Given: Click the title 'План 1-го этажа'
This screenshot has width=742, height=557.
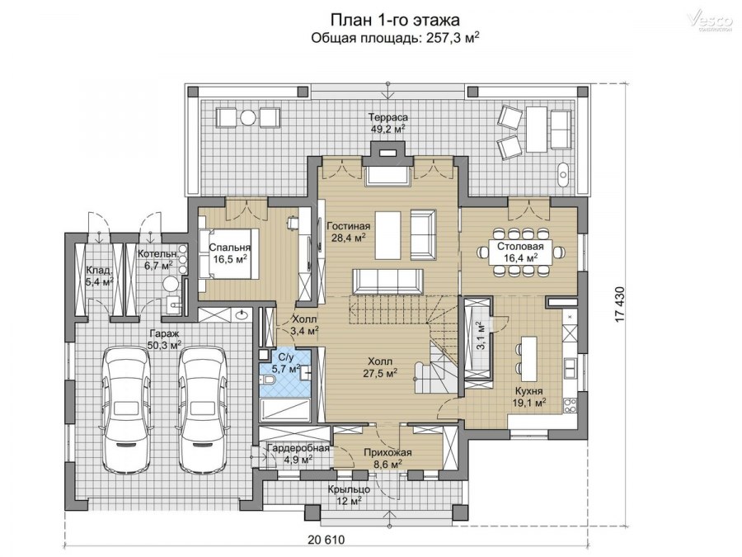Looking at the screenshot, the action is coord(395,20).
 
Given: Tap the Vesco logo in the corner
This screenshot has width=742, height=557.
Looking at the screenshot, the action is coord(709,21).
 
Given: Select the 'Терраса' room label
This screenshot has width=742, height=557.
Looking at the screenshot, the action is coord(388,117).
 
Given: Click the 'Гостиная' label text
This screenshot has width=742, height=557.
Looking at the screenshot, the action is coord(348,226).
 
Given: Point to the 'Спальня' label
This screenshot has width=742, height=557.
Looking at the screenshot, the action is coord(229,248).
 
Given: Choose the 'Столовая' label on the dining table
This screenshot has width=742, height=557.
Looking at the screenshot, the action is coord(520,246).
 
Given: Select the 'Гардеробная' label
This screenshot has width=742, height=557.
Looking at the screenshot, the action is coord(298,448).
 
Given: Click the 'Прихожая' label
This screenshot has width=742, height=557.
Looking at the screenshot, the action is coord(387,452).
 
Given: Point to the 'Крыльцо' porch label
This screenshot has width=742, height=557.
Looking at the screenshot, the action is coord(349,489).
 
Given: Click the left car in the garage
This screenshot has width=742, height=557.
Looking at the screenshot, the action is coord(129,409).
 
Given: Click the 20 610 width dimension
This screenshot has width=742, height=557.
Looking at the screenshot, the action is coord(326,539).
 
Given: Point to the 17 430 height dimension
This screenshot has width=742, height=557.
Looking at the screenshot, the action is coord(620,304).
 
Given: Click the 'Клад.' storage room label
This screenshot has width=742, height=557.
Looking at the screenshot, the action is coord(99,271).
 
